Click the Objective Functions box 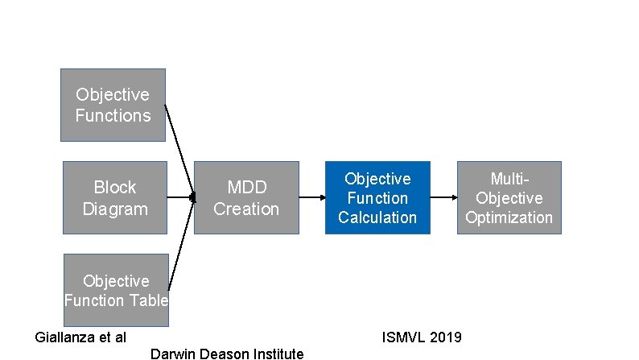tap(113, 105)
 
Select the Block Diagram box tap(115, 197)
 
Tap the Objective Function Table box tap(116, 290)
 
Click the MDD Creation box tap(246, 197)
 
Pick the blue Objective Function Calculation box tap(377, 197)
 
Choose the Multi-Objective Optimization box tap(509, 197)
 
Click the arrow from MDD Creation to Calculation tap(312, 197)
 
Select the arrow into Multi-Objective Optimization tap(443, 197)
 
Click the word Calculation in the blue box tap(377, 217)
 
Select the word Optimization tap(509, 217)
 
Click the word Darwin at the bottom tap(171, 354)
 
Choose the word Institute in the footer tap(277, 354)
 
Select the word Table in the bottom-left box tap(150, 300)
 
